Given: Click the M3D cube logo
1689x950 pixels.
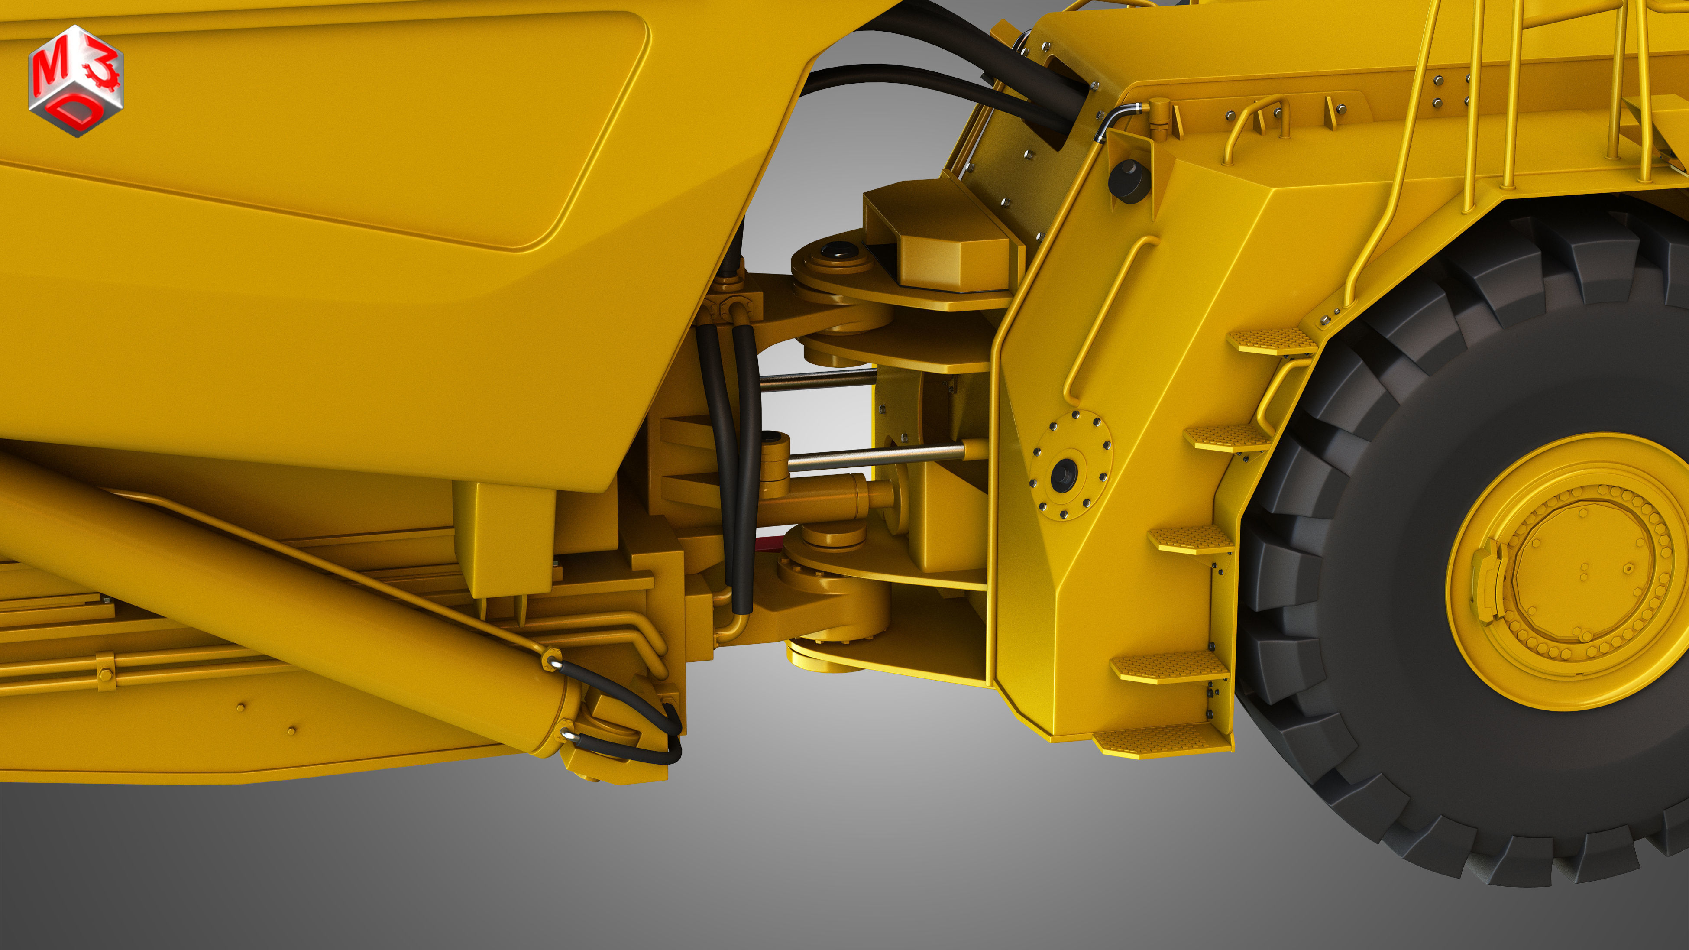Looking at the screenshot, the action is (x=76, y=80).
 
